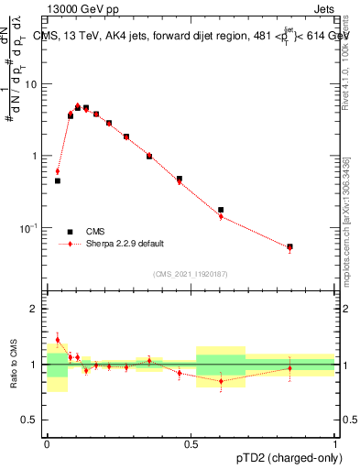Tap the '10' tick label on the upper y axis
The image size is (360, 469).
click(x=33, y=84)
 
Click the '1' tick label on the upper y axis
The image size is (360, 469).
click(x=37, y=156)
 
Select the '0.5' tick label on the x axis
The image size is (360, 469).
click(x=191, y=442)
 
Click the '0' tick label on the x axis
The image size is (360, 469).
click(x=47, y=442)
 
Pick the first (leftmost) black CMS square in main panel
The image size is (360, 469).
click(x=58, y=181)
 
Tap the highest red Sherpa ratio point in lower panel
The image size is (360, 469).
click(x=58, y=340)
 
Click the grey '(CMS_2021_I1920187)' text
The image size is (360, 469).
click(x=191, y=272)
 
